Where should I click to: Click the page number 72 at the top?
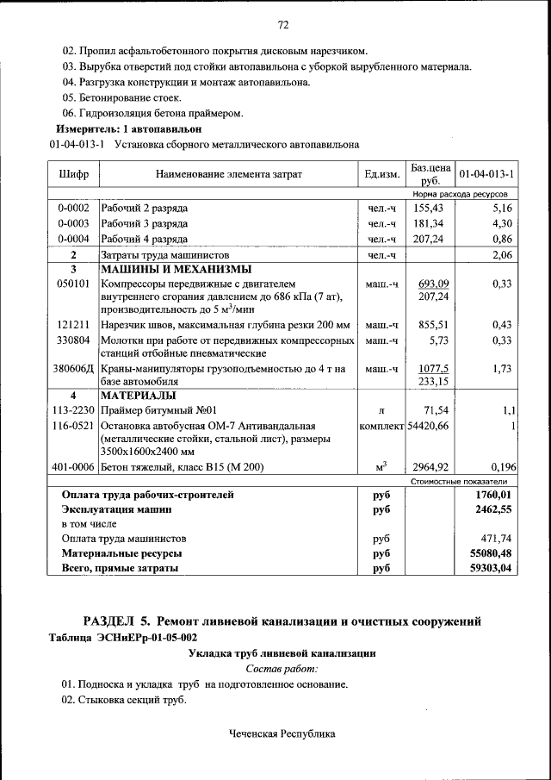click(282, 23)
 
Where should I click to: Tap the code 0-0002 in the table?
click(74, 209)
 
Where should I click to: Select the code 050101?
click(74, 283)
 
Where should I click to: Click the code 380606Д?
click(74, 369)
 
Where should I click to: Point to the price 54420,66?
click(429, 426)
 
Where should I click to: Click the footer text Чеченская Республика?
click(282, 734)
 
